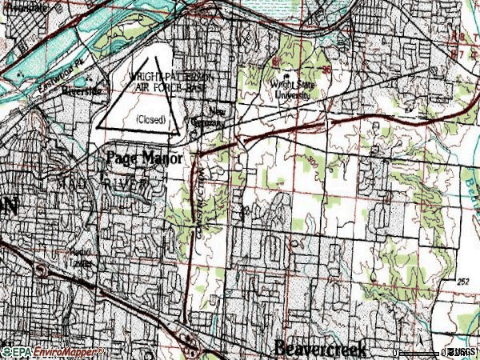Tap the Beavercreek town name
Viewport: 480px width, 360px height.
[x=320, y=349]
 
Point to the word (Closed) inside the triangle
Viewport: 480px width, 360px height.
[x=150, y=119]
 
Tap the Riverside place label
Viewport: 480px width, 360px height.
[x=82, y=90]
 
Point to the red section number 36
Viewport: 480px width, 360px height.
[x=327, y=70]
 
